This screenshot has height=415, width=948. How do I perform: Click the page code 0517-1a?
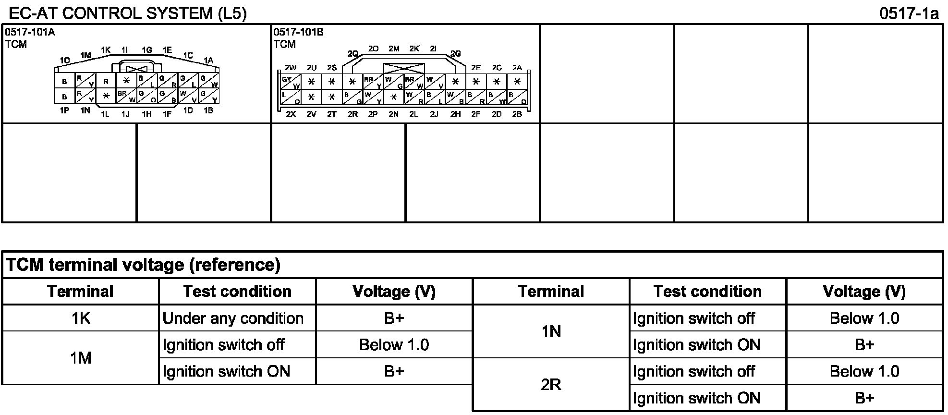coord(909,13)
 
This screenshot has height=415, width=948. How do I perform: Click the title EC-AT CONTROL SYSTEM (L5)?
coord(128,13)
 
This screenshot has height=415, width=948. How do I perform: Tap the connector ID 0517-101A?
coord(30,32)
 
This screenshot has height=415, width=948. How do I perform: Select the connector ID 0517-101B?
coord(298,32)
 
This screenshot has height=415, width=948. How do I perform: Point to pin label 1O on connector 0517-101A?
coord(65,61)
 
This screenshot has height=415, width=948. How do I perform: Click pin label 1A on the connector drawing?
coord(208,61)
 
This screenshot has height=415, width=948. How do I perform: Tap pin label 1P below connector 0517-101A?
coord(65,110)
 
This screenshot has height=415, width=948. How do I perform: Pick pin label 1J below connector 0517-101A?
coord(125,114)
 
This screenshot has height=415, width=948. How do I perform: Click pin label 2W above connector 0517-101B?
coord(291,68)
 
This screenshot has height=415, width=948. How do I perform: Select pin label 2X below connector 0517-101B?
coord(291,114)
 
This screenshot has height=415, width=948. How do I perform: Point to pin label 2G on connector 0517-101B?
coord(455,54)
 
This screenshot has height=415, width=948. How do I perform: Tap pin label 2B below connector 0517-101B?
coord(517,114)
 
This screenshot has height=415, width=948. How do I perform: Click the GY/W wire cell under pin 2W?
coord(291,82)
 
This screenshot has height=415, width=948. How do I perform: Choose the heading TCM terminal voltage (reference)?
coord(143,265)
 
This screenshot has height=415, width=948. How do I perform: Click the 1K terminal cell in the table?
coord(81,318)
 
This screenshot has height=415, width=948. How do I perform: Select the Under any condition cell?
coord(237,318)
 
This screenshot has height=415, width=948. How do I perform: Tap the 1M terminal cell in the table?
coord(81,358)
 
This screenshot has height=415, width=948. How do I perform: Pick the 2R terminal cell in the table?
coord(551,385)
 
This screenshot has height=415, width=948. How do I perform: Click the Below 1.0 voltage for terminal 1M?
coord(394,345)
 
